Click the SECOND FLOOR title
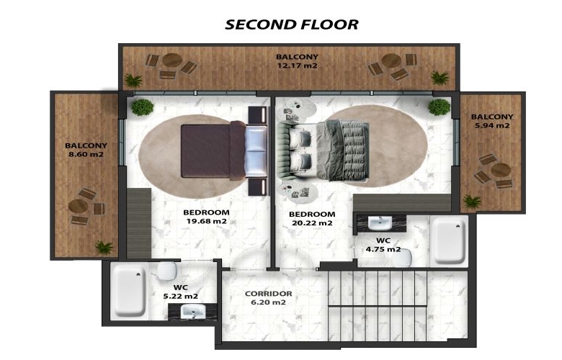292,24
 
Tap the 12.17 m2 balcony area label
297,66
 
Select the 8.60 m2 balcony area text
86,154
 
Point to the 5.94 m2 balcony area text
491,125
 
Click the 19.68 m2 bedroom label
207,221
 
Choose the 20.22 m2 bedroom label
312,222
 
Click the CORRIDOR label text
269,294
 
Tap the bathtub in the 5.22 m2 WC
129,292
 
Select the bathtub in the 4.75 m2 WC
450,241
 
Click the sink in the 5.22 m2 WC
192,311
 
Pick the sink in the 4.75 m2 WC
380,223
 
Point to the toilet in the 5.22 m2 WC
167,271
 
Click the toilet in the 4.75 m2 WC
402,257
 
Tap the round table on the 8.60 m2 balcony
78,206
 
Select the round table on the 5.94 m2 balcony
500,170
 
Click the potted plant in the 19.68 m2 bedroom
142,107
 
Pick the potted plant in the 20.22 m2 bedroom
439,107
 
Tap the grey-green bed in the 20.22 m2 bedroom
324,150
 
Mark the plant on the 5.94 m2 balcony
472,202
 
